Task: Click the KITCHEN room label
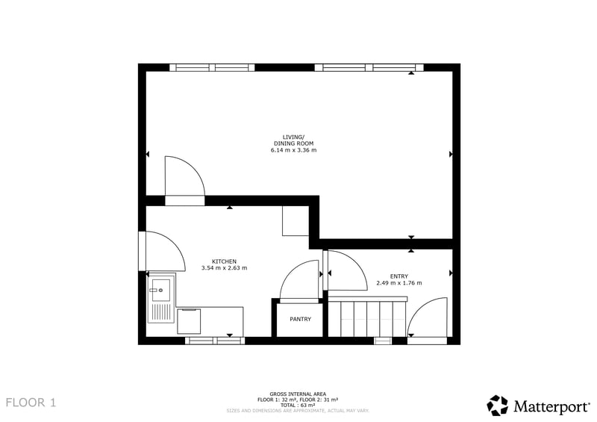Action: coord(224,261)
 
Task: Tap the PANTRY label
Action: coord(301,319)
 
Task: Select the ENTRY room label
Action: coord(399,276)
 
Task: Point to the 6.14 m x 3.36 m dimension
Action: coord(293,150)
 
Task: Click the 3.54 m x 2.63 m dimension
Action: coord(225,268)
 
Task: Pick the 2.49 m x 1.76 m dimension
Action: coord(399,283)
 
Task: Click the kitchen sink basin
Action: coord(161,290)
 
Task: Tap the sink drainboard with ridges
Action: coord(161,311)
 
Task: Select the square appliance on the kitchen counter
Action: coord(189,321)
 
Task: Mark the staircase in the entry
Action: coord(367,317)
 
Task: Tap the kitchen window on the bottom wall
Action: coord(215,341)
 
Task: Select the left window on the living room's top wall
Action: coord(212,67)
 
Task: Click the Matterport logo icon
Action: coord(497,406)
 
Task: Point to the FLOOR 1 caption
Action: coord(31,403)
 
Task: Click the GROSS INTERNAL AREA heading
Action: coord(298,394)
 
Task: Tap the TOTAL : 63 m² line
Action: coord(298,406)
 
